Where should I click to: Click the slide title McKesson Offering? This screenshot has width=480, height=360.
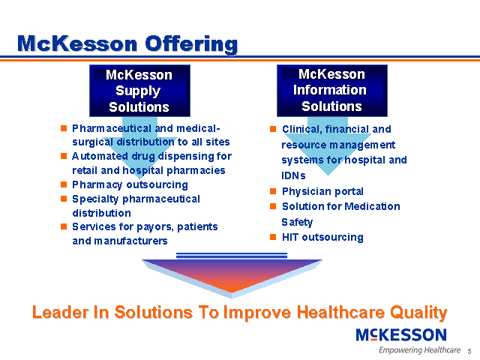pyautogui.click(x=127, y=43)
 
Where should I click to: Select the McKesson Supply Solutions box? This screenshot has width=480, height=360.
pyautogui.click(x=139, y=90)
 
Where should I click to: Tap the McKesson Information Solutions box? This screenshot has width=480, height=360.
pyautogui.click(x=331, y=90)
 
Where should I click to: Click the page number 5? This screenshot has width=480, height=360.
pyautogui.click(x=469, y=352)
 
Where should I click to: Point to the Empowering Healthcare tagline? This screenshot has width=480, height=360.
pyautogui.click(x=419, y=350)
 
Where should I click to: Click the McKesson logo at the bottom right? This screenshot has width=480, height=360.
pyautogui.click(x=401, y=334)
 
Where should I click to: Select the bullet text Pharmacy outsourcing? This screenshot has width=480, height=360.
pyautogui.click(x=130, y=184)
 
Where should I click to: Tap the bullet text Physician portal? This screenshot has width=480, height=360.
pyautogui.click(x=322, y=191)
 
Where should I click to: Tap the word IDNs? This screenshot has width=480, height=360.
pyautogui.click(x=294, y=175)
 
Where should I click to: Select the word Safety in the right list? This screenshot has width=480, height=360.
pyautogui.click(x=297, y=222)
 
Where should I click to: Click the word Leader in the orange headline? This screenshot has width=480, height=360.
pyautogui.click(x=59, y=312)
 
